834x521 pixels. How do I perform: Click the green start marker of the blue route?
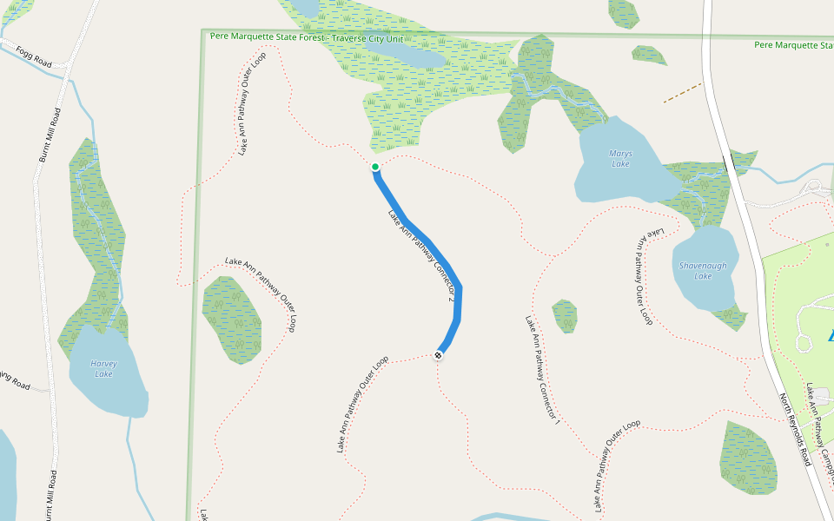(375, 167)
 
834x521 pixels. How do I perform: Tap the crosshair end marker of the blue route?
(439, 354)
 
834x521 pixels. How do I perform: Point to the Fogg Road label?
(33, 58)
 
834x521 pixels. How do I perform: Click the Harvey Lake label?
(103, 368)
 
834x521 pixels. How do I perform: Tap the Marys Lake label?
(620, 158)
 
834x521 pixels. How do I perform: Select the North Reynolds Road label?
(794, 430)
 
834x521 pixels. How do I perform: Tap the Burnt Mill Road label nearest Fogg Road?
(50, 135)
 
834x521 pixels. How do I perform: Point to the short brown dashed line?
(682, 93)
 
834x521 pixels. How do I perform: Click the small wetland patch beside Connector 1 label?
(565, 315)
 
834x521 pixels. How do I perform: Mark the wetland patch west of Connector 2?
(231, 320)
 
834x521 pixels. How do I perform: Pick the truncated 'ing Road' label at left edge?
(15, 381)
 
